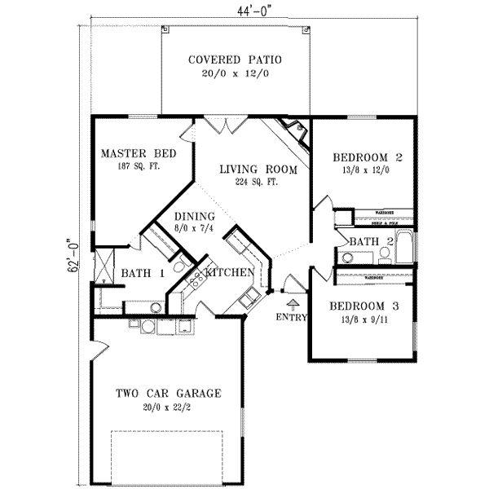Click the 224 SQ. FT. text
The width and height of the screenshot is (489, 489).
(256, 183)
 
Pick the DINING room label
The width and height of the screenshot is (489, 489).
(194, 216)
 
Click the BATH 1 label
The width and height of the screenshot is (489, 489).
(143, 274)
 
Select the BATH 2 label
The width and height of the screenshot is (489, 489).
(372, 241)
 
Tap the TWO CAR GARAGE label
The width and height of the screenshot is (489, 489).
(168, 394)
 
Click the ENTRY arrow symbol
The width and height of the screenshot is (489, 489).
(293, 303)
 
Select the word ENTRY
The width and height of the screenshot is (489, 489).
(292, 316)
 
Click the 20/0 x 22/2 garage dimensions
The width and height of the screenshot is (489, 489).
(170, 407)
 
